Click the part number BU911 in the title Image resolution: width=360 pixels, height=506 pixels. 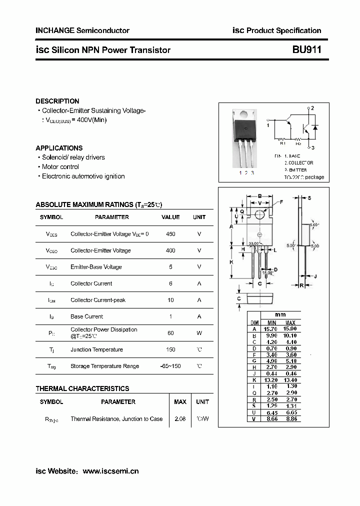coord(306,50)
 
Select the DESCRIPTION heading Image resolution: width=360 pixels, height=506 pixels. coord(57,101)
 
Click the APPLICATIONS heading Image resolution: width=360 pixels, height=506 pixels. coord(59,148)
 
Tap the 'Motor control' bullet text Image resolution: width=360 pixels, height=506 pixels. coord(60,167)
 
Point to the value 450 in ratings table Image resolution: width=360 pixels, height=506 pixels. coord(170,234)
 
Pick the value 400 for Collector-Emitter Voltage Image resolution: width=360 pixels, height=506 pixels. coord(170,250)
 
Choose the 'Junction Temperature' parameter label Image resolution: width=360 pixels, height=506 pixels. coord(96,349)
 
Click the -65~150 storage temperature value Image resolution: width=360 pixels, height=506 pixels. coord(170,366)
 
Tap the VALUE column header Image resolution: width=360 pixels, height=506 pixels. coord(170,217)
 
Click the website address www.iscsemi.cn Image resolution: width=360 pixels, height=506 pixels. coord(110,471)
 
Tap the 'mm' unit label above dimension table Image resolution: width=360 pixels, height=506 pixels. coord(280,315)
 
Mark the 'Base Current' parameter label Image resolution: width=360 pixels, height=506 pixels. coord(87,316)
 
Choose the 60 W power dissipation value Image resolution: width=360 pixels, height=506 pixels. coord(170,333)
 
